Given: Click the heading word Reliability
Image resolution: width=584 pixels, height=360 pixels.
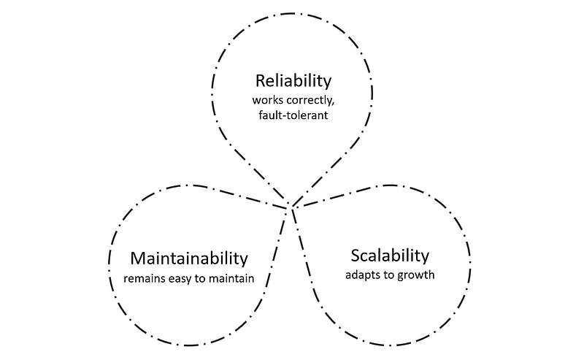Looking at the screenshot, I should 292,80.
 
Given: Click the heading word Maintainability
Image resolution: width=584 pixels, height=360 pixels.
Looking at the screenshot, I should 189,258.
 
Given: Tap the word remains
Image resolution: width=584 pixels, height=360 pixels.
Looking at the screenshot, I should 144,278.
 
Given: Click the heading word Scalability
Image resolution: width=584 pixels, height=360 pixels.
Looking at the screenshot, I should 388,256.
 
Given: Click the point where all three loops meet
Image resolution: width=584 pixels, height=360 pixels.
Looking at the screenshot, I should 291,207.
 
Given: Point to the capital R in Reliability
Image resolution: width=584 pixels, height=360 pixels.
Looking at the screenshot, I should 259,80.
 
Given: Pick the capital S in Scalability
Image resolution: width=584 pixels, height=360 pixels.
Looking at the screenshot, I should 355,256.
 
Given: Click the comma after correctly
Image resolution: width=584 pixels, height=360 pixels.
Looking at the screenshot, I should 332,101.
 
